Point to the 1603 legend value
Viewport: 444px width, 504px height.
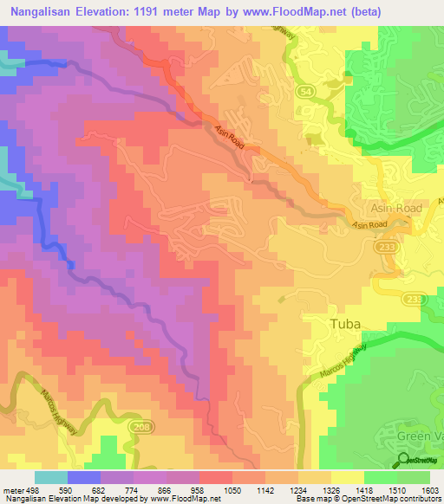428,489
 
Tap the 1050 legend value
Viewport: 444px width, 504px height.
232,489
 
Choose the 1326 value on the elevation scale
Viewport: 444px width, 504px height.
330,489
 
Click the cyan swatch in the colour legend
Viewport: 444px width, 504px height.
50,477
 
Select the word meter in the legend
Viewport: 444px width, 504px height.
13,489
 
